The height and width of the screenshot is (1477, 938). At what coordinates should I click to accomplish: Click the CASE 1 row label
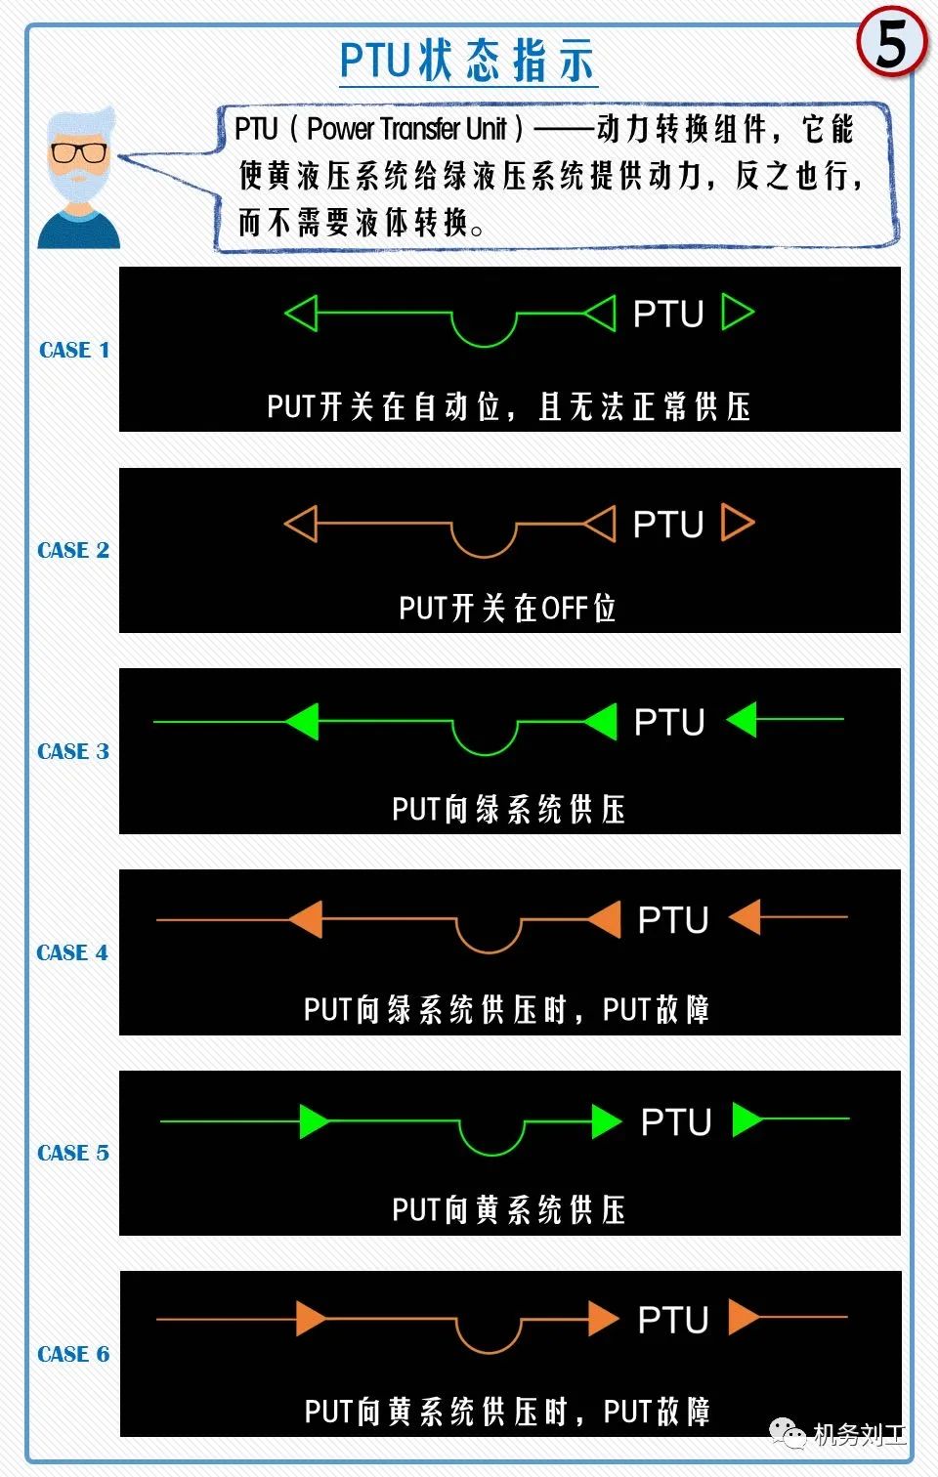click(74, 350)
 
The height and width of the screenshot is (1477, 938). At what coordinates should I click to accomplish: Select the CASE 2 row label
click(73, 550)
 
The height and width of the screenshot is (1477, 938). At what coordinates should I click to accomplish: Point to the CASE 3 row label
click(73, 751)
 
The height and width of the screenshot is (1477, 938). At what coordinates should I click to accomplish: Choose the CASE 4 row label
click(72, 952)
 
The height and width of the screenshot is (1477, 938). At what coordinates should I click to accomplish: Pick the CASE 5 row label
click(73, 1153)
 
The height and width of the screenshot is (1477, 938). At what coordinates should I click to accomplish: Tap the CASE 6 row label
click(73, 1354)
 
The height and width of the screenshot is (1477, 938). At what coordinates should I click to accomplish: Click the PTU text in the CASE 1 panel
click(668, 314)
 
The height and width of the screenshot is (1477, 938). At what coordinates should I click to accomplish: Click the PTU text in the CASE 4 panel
click(673, 919)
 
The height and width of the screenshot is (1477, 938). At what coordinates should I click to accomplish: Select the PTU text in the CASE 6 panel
click(673, 1320)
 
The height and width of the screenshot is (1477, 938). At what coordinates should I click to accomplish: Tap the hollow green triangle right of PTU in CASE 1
click(738, 312)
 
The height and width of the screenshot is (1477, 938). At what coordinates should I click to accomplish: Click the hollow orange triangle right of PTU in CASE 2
click(738, 523)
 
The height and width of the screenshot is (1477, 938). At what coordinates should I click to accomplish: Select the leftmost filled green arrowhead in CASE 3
click(303, 721)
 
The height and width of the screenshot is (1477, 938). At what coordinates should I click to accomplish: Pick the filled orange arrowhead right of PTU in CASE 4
click(746, 916)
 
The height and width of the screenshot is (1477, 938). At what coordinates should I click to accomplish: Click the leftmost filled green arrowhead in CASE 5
click(314, 1121)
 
